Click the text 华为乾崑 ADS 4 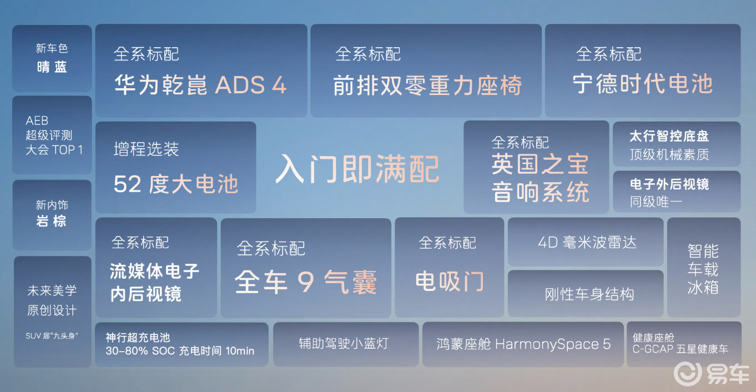(x=200, y=85)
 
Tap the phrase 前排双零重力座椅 (x=427, y=86)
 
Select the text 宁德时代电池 (x=643, y=84)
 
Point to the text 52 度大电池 (x=176, y=184)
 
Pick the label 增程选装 (x=146, y=149)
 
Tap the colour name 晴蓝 (x=52, y=67)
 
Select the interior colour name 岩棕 (x=51, y=221)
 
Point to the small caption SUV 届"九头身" (x=52, y=336)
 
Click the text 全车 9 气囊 (x=305, y=282)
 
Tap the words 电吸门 (x=450, y=282)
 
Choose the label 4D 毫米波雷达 (x=587, y=243)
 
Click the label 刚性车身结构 (x=589, y=294)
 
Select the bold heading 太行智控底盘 (x=669, y=136)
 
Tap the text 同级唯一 (x=656, y=202)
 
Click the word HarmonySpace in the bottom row (x=547, y=344)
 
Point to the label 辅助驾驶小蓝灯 (x=344, y=343)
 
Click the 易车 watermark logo (x=712, y=374)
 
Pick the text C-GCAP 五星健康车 (x=680, y=349)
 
